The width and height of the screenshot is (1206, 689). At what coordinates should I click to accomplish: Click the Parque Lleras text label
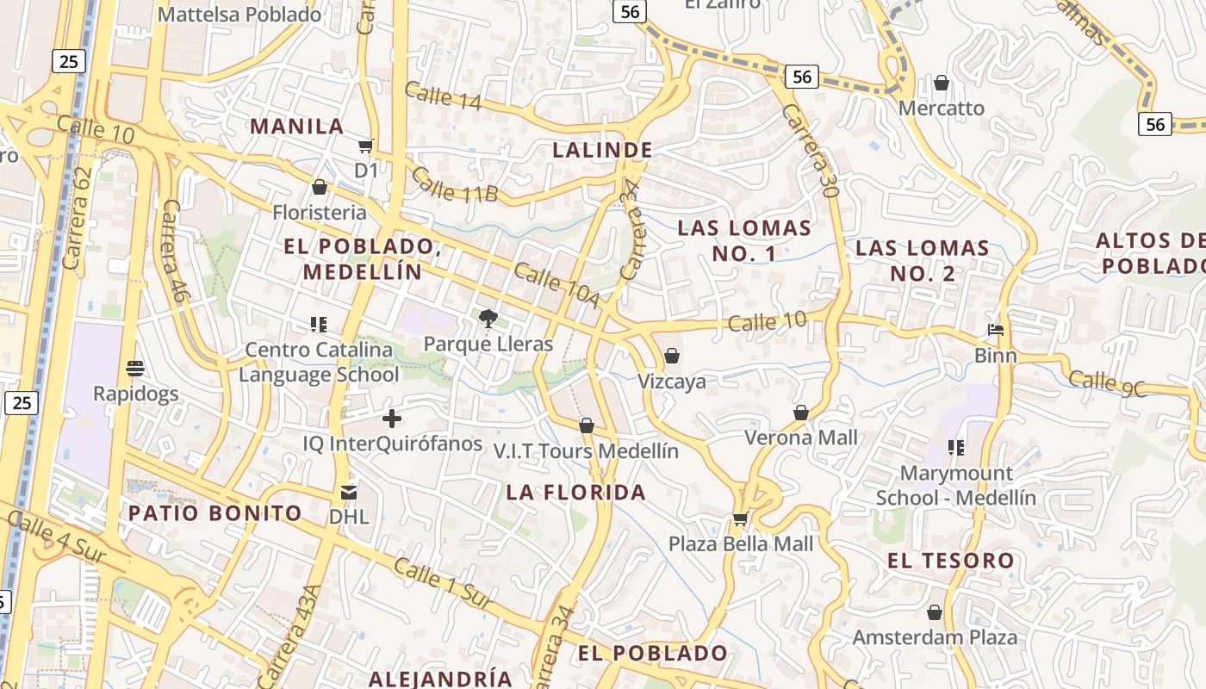[x=488, y=344]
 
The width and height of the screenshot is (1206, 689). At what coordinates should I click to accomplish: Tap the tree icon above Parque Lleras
[x=488, y=320]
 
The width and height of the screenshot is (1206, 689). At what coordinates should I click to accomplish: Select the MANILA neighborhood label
[x=297, y=127]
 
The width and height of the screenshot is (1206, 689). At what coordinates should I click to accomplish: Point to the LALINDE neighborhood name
[x=602, y=150]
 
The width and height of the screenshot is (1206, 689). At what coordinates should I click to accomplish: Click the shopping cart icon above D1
[x=366, y=146]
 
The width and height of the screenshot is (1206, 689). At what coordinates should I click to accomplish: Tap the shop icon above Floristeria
[x=320, y=187]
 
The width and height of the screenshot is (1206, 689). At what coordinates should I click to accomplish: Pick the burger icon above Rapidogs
[x=134, y=369]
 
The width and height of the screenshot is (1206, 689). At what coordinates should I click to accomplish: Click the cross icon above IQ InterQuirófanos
[x=392, y=419]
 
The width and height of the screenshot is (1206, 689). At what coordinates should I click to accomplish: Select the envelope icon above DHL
[x=349, y=492]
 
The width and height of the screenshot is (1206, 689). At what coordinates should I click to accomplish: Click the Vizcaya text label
[x=672, y=382]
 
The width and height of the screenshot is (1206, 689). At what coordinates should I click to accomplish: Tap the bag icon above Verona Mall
[x=801, y=413]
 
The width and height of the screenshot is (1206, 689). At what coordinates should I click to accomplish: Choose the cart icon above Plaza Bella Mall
[x=740, y=519]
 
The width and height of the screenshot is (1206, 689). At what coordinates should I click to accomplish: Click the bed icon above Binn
[x=996, y=330]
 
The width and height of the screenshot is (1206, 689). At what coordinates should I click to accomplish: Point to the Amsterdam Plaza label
[x=935, y=637]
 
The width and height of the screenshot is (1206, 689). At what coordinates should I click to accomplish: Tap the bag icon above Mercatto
[x=942, y=83]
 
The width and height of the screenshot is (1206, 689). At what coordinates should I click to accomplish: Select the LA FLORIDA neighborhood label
[x=575, y=492]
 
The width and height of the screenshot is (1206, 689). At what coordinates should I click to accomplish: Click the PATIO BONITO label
[x=215, y=513]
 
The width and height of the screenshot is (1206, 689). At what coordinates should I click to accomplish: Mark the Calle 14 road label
[x=443, y=96]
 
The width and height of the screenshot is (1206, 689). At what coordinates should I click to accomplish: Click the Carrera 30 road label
[x=811, y=152]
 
